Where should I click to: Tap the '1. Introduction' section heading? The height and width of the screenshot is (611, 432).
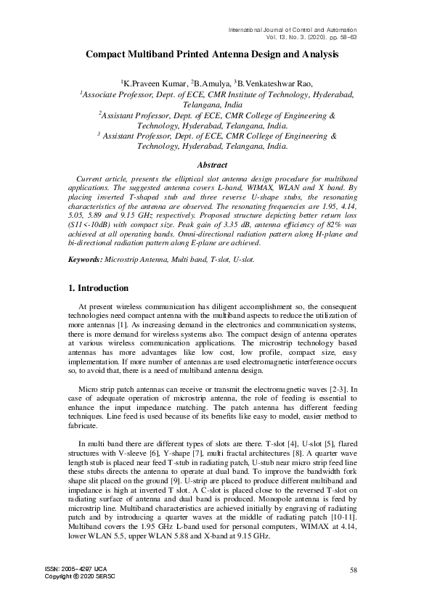99,287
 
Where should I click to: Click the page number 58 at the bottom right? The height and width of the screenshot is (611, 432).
354,570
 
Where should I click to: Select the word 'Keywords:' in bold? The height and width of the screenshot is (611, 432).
86,259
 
